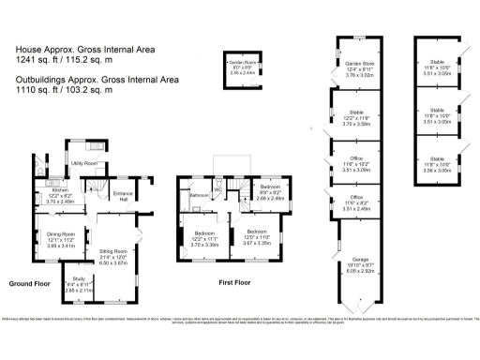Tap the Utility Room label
[85, 163]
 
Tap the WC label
[217, 186]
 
